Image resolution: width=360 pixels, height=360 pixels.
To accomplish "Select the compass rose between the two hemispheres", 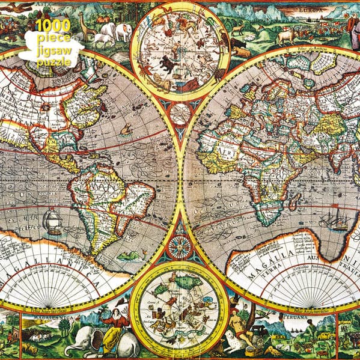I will tap(180, 245).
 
